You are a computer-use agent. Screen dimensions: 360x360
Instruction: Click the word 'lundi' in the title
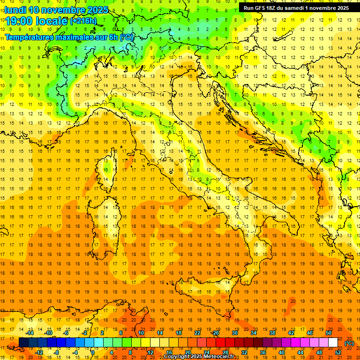pyautogui.click(x=15, y=10)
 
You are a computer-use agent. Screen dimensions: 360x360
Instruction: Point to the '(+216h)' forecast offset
pyautogui.click(x=83, y=21)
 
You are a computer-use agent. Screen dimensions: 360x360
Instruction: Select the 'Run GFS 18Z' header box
pyautogui.click(x=296, y=8)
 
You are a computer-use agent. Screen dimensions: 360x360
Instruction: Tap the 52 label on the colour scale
pyautogui.click(x=338, y=352)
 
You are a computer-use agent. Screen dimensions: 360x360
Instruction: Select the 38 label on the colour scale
pyautogui.click(x=272, y=333)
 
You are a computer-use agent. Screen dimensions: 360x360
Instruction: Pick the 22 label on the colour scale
pyautogui.click(x=197, y=333)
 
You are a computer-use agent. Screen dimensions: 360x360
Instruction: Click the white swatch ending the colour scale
pyautogui.click(x=333, y=343)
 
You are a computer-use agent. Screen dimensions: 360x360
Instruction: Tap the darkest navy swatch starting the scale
pyautogui.click(x=23, y=343)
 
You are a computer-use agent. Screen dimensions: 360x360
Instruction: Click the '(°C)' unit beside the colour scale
pyautogui.click(x=349, y=343)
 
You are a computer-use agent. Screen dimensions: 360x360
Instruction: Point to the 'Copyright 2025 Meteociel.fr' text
pyautogui.click(x=202, y=357)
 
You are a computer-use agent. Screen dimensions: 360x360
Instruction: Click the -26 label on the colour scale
pyautogui.click(x=216, y=333)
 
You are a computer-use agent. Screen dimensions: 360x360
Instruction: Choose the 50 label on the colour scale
pyautogui.click(x=329, y=333)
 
